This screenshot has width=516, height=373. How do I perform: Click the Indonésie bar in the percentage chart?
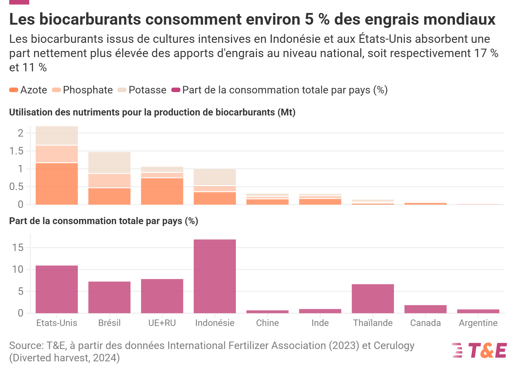pos(215,276)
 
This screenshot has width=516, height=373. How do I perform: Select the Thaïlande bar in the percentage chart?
pos(373,299)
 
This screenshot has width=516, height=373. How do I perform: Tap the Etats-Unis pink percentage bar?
pos(57,289)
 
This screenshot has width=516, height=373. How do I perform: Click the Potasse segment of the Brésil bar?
pos(109,162)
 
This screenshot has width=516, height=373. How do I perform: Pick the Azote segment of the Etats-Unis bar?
pos(57,184)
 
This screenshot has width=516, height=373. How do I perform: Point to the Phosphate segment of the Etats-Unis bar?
pos(57,154)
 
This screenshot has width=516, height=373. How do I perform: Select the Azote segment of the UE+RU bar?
pos(162,191)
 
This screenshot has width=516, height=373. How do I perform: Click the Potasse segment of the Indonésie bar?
pos(215,177)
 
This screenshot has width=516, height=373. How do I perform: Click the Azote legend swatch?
pos(14,90)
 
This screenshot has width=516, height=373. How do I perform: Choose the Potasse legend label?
pos(147,90)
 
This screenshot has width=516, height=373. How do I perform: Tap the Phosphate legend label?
pos(88,90)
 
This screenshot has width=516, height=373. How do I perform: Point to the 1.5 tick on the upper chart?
pos(16,151)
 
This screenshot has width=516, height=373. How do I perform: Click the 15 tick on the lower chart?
pos(18,247)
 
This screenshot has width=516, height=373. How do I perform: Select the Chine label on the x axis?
pos(267,323)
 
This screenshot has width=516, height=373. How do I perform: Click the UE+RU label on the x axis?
pos(162,323)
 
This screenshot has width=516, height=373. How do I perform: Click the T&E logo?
pos(479,350)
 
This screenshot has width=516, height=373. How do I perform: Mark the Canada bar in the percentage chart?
pos(425,309)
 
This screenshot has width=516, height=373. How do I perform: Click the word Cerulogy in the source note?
pos(394,346)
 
